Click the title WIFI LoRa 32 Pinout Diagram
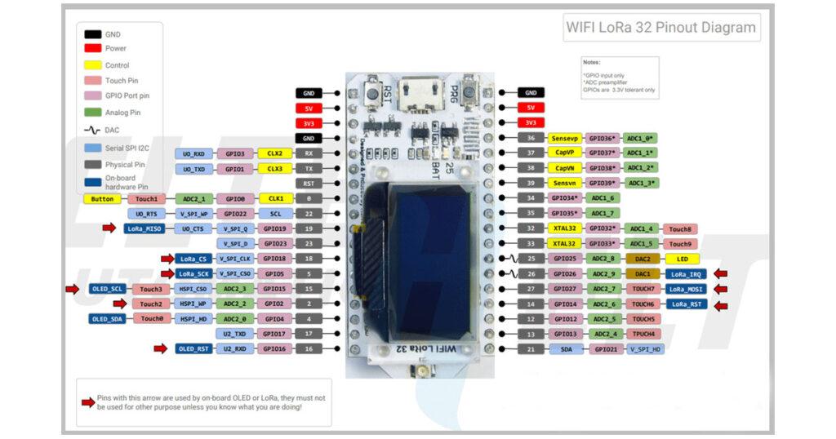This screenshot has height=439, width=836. coord(661,27)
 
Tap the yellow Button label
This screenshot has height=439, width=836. coord(102,198)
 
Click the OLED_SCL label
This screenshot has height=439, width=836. coord(107,289)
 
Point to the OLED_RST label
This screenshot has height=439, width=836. coord(193,349)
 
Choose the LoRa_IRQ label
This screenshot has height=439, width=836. coord(685,273)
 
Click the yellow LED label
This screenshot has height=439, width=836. coord(683,259)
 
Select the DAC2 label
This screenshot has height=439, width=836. coord(643,259)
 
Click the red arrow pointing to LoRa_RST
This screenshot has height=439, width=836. coord(721,304)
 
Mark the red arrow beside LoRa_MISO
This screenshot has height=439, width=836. coord(108,228)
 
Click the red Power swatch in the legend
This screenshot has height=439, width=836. coord(92,49)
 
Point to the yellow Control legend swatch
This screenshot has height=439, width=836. coord(92,64)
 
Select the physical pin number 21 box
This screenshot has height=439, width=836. coord(531,349)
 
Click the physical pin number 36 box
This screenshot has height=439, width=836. coord(531,138)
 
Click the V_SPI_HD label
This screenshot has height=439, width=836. coord(647,349)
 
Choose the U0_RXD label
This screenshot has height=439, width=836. coord(193,153)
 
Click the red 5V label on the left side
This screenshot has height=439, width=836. coord(309,108)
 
